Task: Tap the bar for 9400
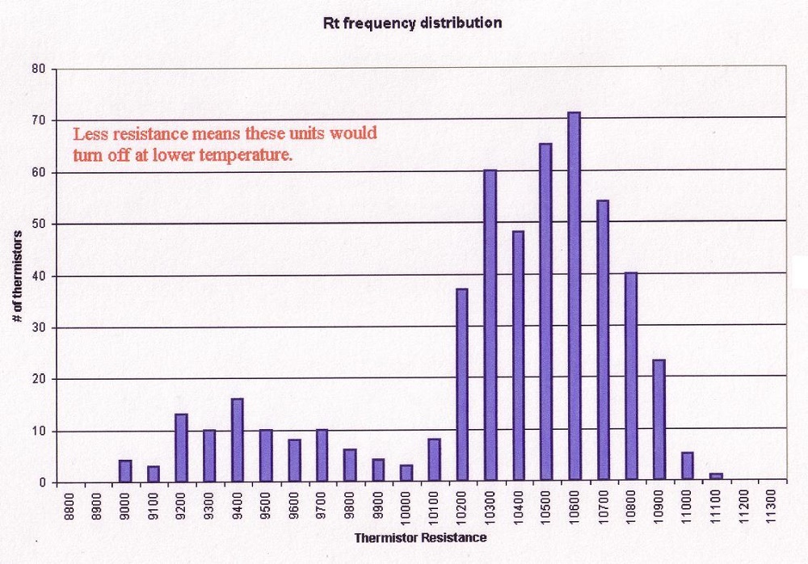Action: (237, 440)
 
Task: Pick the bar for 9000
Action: (124, 471)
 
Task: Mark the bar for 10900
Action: (659, 421)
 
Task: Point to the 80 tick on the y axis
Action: (38, 69)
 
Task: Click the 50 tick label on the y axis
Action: (38, 224)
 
